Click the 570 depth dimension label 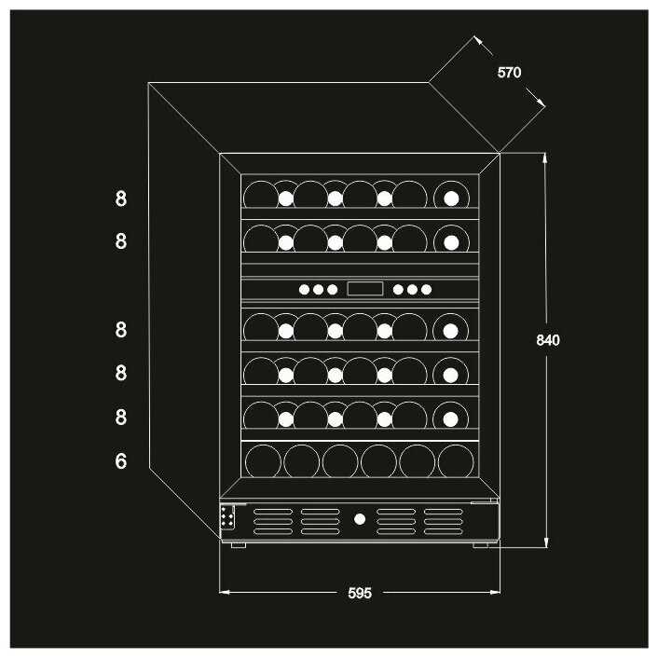tap(509, 73)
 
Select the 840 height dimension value tap(548, 340)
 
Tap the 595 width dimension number tap(360, 593)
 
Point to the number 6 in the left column tap(121, 461)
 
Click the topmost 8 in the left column tap(121, 199)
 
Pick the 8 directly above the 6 tap(121, 417)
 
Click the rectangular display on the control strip tap(364, 289)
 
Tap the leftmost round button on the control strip tap(304, 290)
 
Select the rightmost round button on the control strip tap(426, 290)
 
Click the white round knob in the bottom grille tap(360, 517)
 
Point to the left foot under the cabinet tap(239, 544)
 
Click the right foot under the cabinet tap(482, 544)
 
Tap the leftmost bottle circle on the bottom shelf tap(262, 461)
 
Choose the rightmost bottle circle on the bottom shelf tap(456, 461)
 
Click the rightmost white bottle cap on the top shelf tap(451, 198)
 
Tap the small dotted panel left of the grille tap(226, 518)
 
